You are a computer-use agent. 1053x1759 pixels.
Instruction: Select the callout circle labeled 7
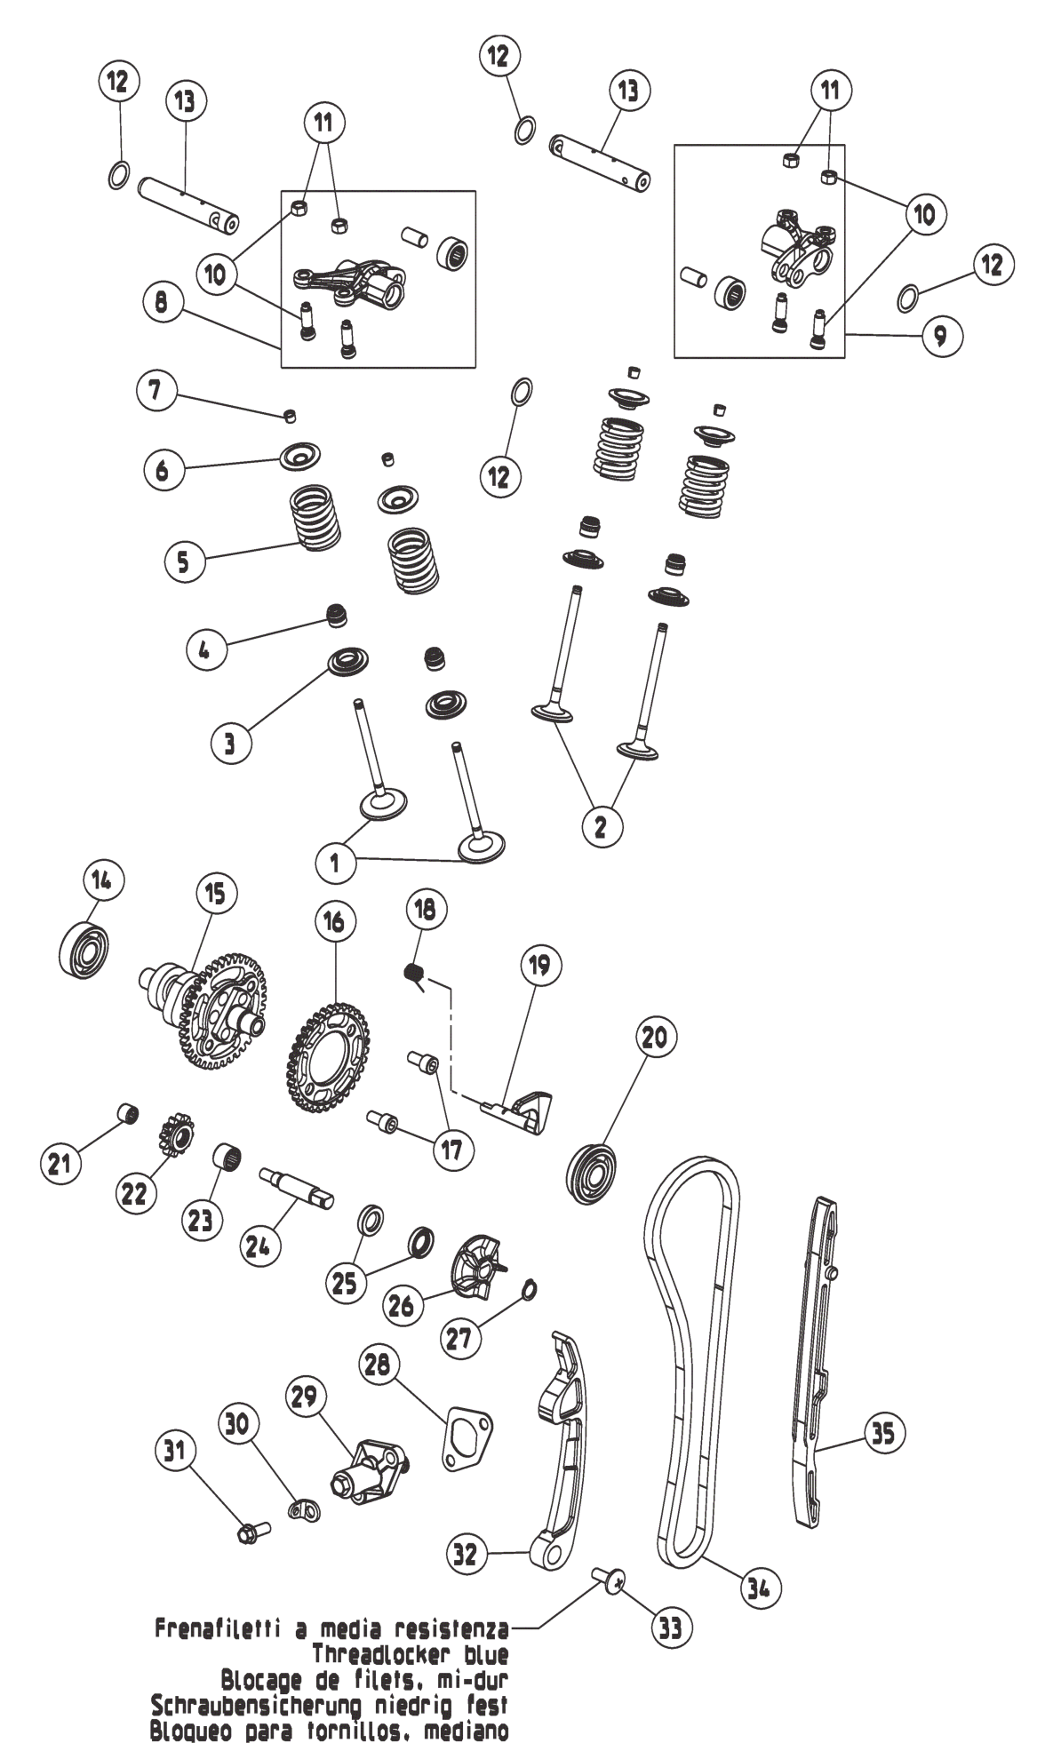coord(156,391)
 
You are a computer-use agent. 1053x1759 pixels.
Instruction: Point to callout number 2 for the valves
coord(601,825)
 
